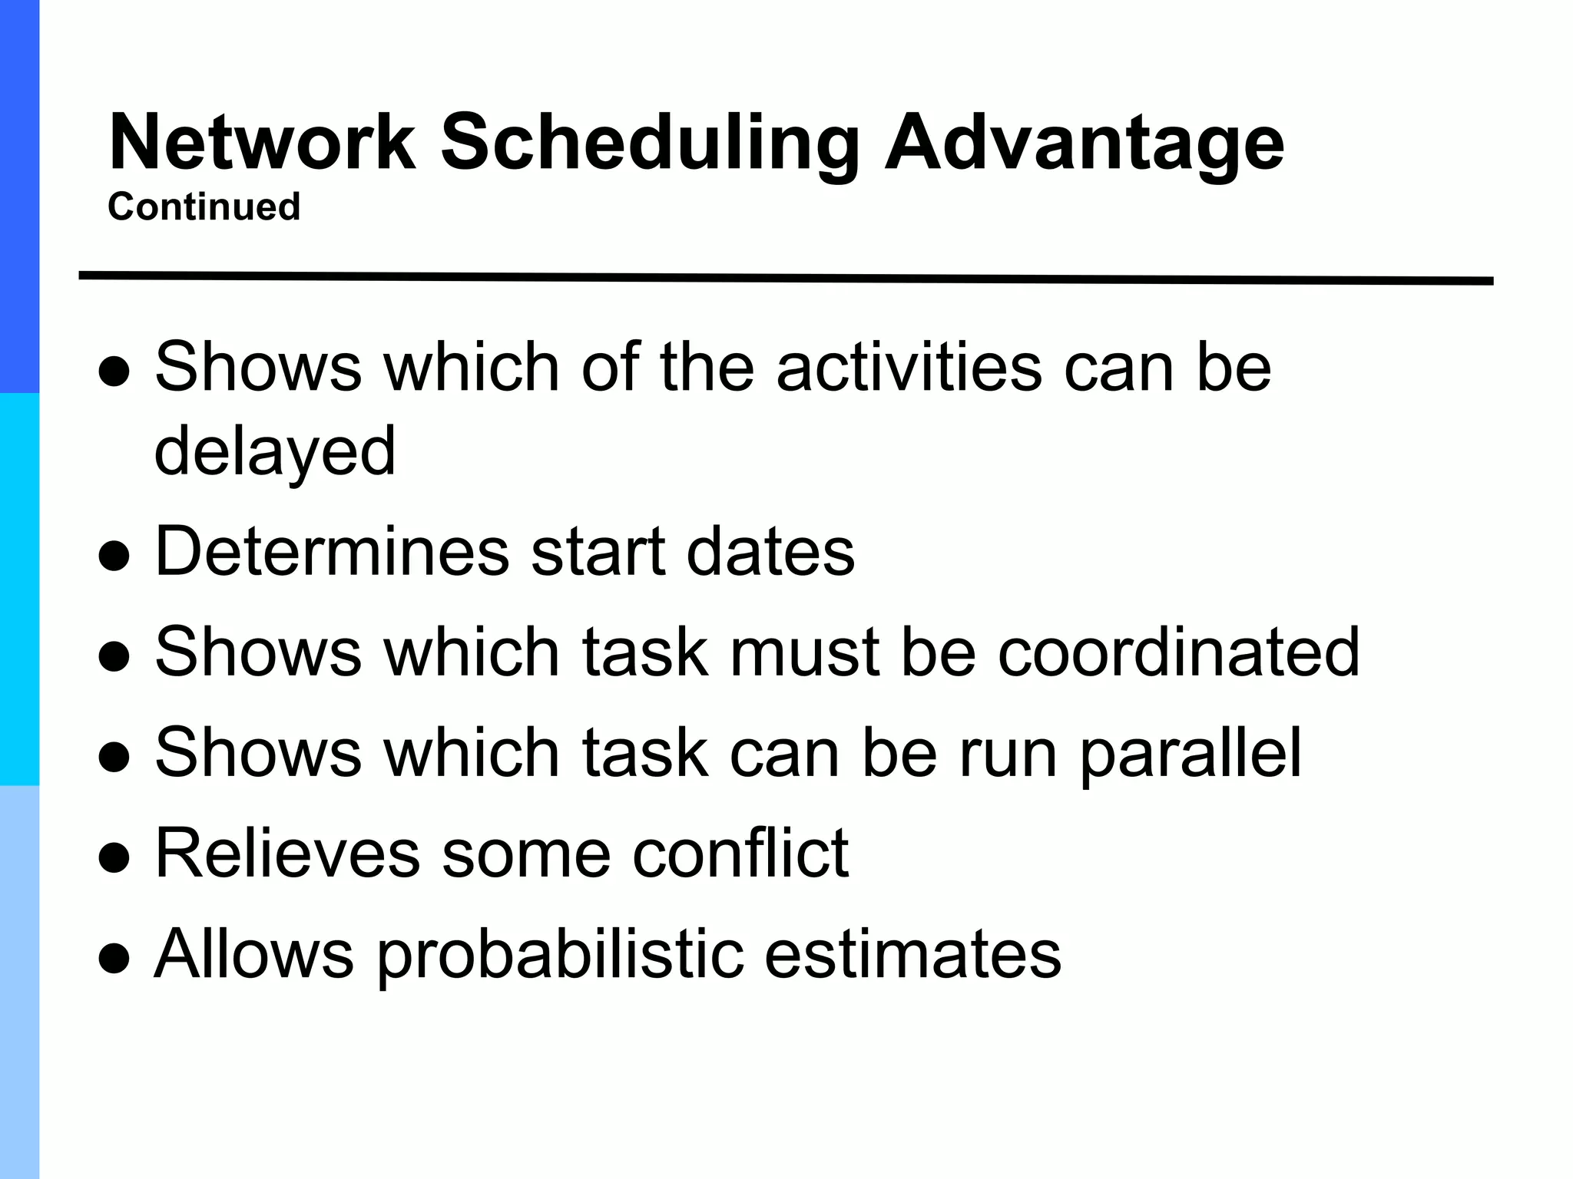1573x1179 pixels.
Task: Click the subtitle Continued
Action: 204,206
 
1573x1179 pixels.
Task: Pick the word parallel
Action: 1191,754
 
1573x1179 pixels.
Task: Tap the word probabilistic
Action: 560,956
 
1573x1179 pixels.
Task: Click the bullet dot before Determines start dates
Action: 114,557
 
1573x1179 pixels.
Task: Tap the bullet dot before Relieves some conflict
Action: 114,859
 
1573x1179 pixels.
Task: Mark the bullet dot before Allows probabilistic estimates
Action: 114,959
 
